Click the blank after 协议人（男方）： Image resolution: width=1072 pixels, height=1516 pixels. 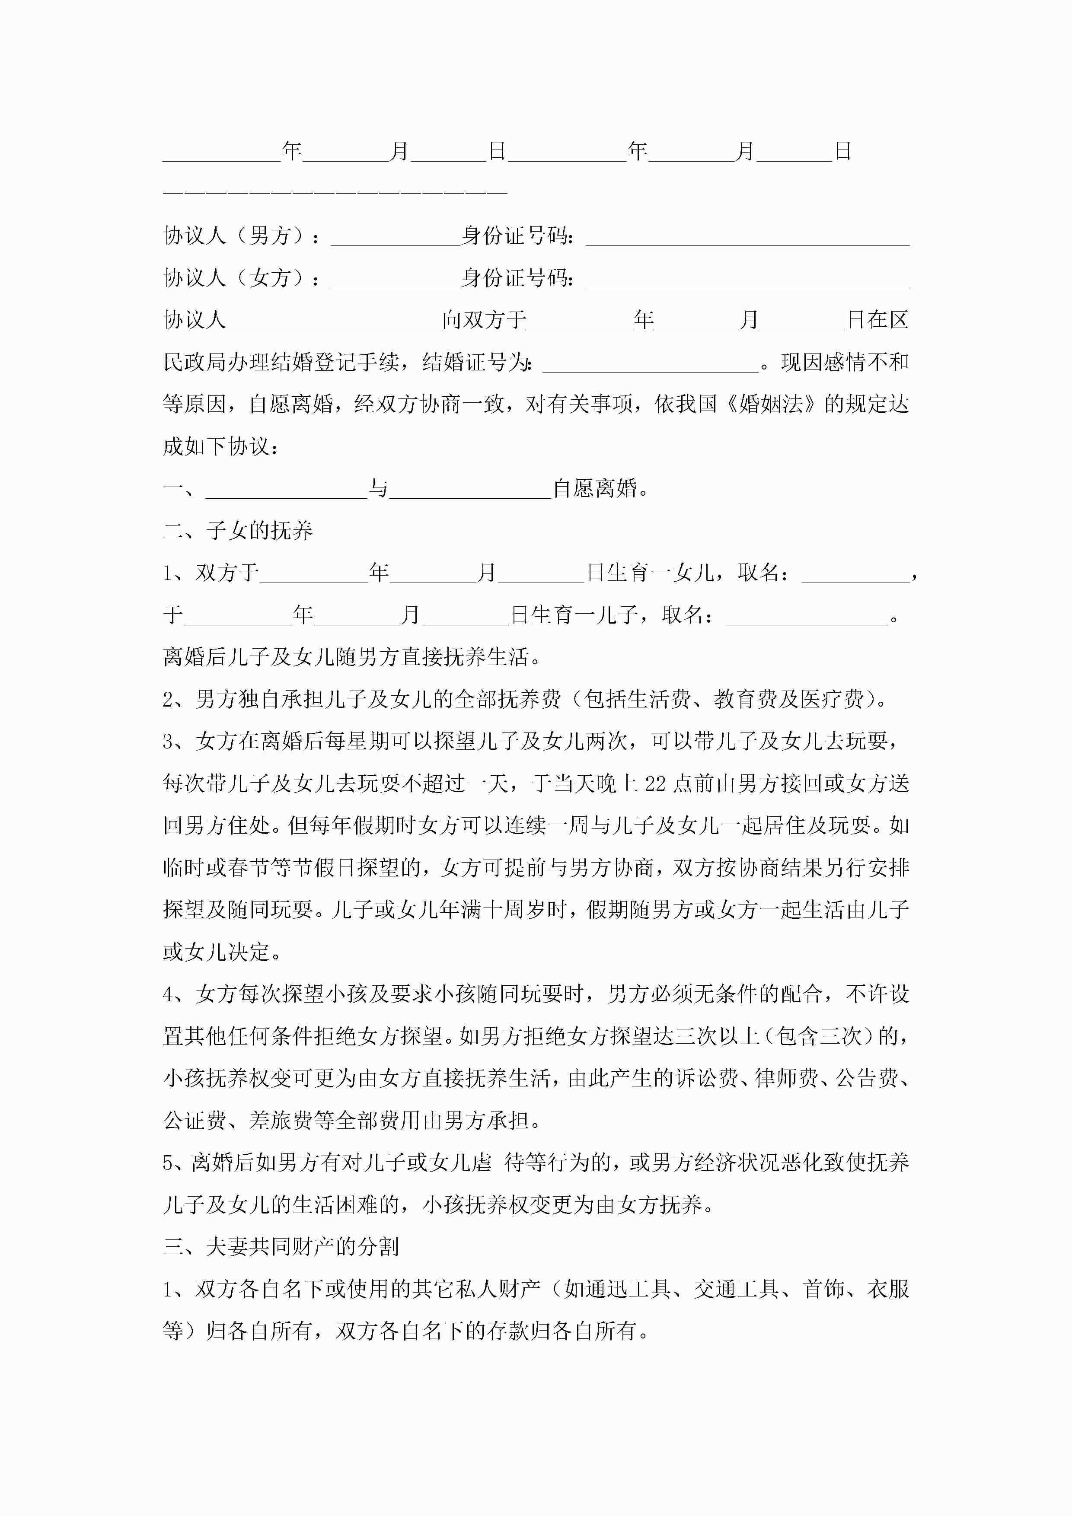pyautogui.click(x=395, y=236)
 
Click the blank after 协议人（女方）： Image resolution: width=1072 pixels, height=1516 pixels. pyautogui.click(x=395, y=279)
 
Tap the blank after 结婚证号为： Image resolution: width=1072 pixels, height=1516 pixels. pyautogui.click(x=650, y=363)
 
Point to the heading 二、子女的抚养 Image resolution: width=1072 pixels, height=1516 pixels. pyautogui.click(x=238, y=530)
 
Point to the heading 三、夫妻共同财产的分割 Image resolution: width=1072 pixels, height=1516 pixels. pyautogui.click(x=281, y=1247)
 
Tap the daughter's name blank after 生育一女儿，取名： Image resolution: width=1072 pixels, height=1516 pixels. pyautogui.click(x=855, y=573)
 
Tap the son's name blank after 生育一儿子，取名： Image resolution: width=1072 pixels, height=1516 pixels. pyautogui.click(x=807, y=615)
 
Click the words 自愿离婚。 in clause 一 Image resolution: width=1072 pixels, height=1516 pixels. pyautogui.click(x=601, y=489)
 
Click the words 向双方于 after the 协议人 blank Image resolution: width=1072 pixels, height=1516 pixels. pyautogui.click(x=484, y=320)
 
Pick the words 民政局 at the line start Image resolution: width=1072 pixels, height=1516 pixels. pyautogui.click(x=195, y=363)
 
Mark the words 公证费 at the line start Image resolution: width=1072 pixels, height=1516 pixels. pyautogui.click(x=195, y=1121)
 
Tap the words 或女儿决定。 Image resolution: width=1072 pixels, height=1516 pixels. pyautogui.click(x=223, y=952)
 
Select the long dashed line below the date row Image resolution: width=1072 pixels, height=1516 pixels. pyautogui.click(x=335, y=191)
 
